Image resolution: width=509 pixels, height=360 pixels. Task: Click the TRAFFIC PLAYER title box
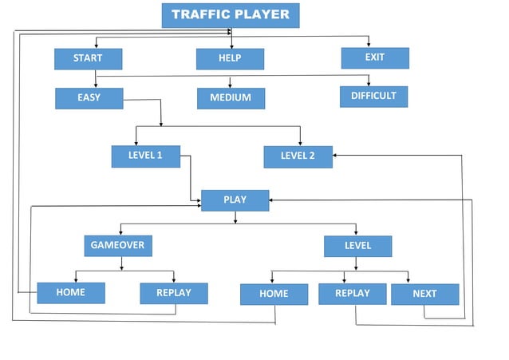[x=231, y=15]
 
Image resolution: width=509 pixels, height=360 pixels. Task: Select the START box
[x=89, y=58]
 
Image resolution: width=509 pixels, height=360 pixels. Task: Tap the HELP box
[x=230, y=58]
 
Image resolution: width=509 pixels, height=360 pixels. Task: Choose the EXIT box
[x=375, y=57]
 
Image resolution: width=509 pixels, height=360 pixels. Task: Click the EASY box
[x=89, y=98]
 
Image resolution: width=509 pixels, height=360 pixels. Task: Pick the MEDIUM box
[x=231, y=98]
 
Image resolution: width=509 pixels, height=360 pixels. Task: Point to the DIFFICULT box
[x=373, y=96]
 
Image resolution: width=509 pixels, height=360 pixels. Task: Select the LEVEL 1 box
[x=145, y=156]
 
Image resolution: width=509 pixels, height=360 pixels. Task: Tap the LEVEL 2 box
[x=298, y=156]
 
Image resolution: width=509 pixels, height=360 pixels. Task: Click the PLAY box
[x=235, y=200]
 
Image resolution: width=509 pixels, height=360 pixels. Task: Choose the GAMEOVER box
[x=118, y=245]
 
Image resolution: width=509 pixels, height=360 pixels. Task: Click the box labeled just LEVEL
[x=357, y=246]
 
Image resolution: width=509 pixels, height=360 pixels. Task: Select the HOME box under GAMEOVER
[x=71, y=293]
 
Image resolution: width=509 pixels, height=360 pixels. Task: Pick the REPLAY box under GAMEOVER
[x=174, y=293]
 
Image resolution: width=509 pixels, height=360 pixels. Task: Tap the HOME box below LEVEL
[x=274, y=295]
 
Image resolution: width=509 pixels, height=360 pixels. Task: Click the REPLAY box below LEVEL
[x=352, y=294]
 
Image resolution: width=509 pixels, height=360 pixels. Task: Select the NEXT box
[x=424, y=294]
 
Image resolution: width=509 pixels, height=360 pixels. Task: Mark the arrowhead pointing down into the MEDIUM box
[x=230, y=85]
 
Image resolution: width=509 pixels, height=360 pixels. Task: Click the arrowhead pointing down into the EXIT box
[x=369, y=45]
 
